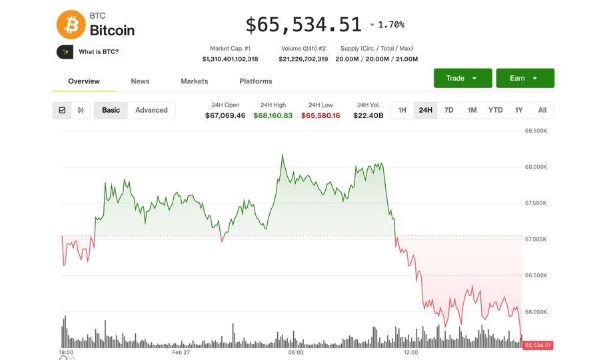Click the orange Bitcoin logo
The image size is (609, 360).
71,25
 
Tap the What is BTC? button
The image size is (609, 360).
91,51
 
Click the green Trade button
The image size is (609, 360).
462,78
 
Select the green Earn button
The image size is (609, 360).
524,78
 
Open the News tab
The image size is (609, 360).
140,81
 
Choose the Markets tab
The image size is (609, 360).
194,81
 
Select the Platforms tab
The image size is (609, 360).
255,81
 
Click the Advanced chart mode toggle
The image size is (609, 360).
151,110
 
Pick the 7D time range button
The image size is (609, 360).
448,110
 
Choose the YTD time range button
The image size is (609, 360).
495,110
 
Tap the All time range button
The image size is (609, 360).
542,110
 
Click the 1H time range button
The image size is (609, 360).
402,110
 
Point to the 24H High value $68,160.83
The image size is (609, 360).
273,115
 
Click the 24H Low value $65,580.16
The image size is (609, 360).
320,115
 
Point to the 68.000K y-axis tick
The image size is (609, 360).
536,167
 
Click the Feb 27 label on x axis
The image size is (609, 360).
181,352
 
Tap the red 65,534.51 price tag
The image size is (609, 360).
538,345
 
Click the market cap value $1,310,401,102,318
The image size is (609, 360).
230,59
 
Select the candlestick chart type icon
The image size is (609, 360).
81,110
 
